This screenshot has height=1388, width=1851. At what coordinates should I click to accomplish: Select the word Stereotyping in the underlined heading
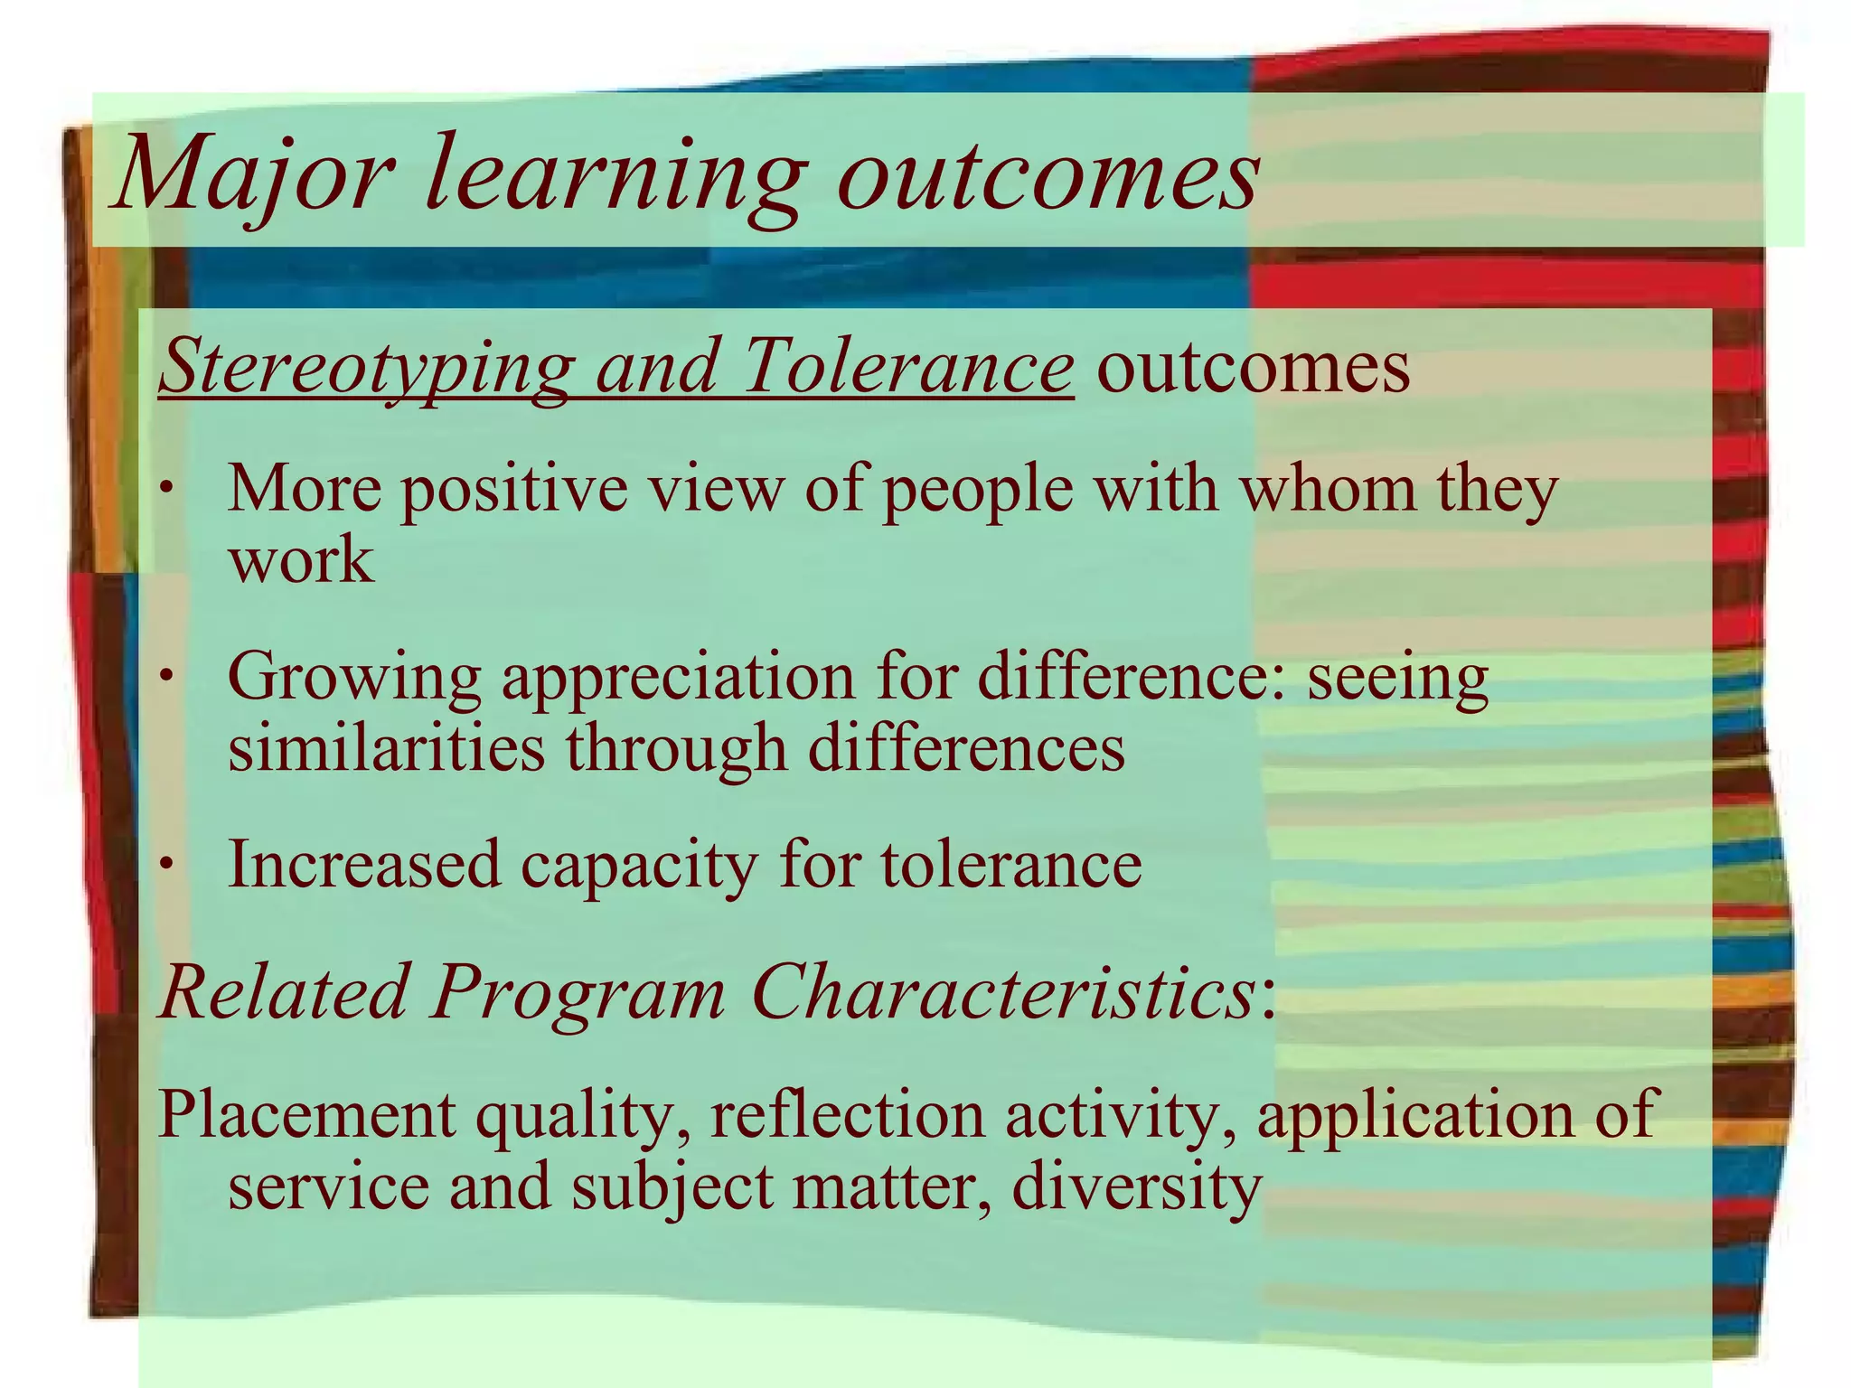pos(367,367)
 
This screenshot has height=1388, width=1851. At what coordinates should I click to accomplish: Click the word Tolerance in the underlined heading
pos(907,367)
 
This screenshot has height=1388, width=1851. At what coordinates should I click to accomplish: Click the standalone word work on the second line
pos(301,560)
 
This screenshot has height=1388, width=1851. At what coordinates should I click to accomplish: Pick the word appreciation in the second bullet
pos(678,678)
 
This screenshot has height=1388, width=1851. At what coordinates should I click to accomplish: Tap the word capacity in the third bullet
pos(638,865)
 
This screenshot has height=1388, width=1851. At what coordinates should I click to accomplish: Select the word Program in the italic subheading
pos(578,992)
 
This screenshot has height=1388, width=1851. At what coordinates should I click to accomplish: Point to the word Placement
pos(306,1115)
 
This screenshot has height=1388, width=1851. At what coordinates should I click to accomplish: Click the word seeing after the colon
pos(1397,678)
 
